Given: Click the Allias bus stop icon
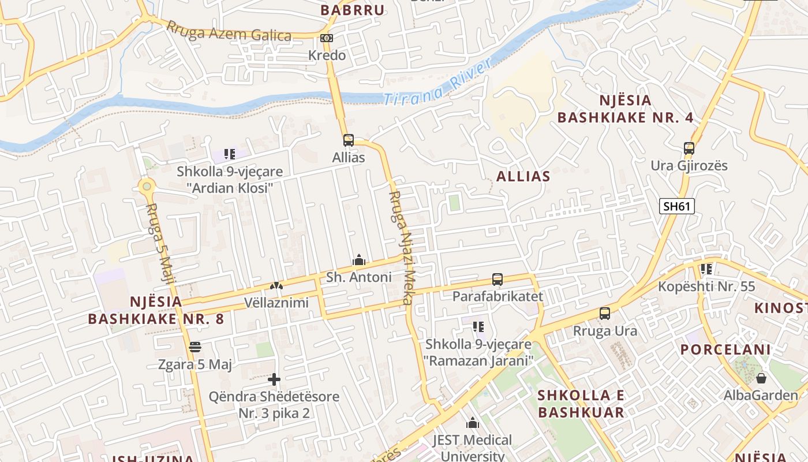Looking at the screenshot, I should click(x=349, y=140).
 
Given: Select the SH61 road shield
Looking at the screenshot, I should click(x=676, y=206).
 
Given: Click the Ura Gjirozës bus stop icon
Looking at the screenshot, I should click(x=689, y=148).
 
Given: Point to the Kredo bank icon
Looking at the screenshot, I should click(x=327, y=38).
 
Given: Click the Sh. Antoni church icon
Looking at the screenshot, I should click(x=359, y=260).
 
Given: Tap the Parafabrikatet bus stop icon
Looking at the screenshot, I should click(x=497, y=280).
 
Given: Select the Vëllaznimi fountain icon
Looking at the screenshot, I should click(x=276, y=286).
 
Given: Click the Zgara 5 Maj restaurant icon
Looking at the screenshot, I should click(x=195, y=347).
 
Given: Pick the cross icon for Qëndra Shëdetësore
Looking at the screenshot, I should click(x=274, y=379).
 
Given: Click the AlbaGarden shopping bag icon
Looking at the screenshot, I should click(x=761, y=379).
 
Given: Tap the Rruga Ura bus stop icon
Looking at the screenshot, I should click(x=605, y=314).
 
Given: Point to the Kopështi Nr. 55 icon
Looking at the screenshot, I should click(x=706, y=269).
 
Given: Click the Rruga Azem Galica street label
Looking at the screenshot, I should click(x=229, y=32).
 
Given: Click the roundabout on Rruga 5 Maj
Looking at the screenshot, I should click(x=147, y=186).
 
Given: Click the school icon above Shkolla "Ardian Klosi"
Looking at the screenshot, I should click(x=230, y=154).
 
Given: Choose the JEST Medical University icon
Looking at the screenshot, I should click(x=473, y=423).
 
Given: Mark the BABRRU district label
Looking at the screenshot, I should click(x=353, y=10).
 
